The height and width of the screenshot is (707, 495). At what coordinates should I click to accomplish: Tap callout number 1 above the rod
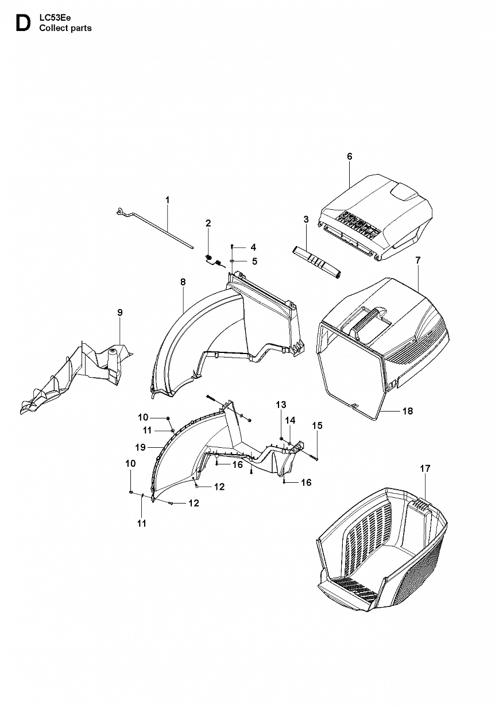click(x=168, y=200)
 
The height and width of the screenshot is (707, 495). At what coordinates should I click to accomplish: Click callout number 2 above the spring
click(x=208, y=223)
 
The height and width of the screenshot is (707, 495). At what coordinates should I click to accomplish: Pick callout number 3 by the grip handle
click(x=306, y=219)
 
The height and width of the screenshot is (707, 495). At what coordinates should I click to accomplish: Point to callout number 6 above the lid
click(x=349, y=156)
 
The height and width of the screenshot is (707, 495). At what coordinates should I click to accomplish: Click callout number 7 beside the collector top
click(x=418, y=260)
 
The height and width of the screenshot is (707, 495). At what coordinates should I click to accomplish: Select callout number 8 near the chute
click(x=183, y=282)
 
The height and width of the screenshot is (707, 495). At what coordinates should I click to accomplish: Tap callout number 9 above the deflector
click(x=120, y=313)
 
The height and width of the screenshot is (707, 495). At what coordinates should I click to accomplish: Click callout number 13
click(x=281, y=405)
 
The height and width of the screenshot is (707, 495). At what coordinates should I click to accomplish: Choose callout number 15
click(x=318, y=425)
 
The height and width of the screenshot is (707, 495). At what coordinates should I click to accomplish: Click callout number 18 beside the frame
click(x=408, y=411)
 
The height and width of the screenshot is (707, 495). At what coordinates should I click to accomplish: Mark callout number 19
click(x=140, y=447)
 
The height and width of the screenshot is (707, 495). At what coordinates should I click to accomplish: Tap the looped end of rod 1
click(x=120, y=212)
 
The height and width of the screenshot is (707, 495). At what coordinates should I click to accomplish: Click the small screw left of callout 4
click(x=232, y=246)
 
